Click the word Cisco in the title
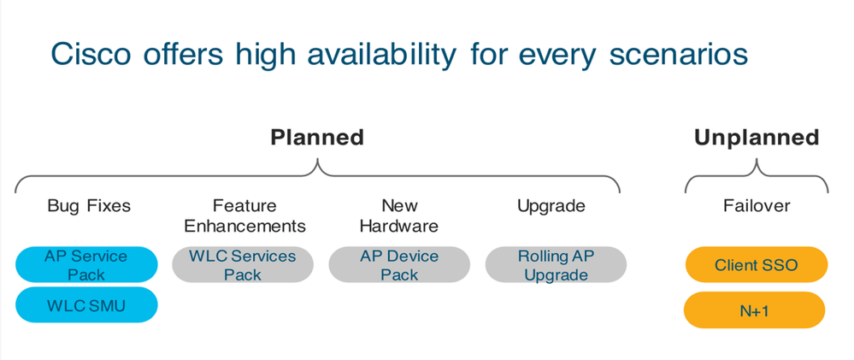pos(91,54)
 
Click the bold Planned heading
pos(317,138)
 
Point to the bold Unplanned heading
pos(757,138)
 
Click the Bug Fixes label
pos(89,206)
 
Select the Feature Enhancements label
pos(244,215)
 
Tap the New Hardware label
pos(399,215)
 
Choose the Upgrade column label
pos(551,206)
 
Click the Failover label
pos(757,206)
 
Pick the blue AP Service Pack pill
pos(86,265)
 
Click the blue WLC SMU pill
pos(86,305)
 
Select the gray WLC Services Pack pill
pos(243,265)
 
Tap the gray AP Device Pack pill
pos(399,265)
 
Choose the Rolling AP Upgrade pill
pos(556,265)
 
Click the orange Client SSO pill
pos(757,265)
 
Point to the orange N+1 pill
pos(755,310)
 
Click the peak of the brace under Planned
pos(317,159)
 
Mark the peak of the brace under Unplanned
pos(757,159)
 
